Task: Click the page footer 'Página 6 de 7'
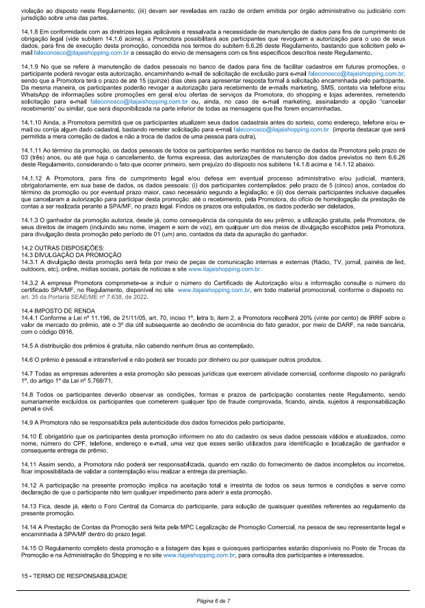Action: coord(211,600)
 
